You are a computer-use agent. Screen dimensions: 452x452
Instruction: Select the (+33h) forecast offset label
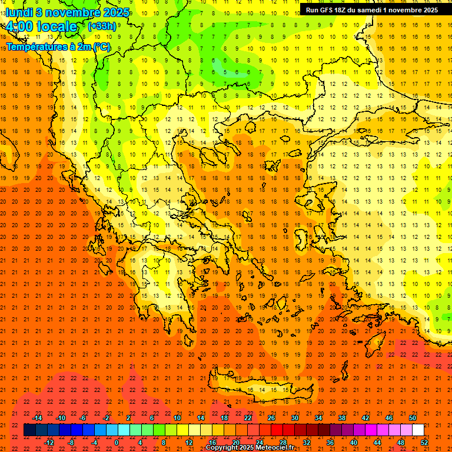[x=102, y=26]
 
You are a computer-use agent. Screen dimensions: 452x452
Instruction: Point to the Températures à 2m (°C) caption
[x=58, y=46]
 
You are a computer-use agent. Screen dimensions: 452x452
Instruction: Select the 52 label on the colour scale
[x=424, y=443]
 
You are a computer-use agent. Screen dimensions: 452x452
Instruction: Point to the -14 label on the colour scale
[x=37, y=418]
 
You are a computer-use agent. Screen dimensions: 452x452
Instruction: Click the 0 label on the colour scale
[x=117, y=443]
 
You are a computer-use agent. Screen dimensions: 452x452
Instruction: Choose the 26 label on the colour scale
[x=271, y=418]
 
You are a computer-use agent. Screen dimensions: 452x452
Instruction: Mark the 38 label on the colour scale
[x=342, y=418]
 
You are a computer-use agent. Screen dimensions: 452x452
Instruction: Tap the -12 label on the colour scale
[x=49, y=443]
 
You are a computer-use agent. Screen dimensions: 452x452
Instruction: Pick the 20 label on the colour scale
[x=236, y=443]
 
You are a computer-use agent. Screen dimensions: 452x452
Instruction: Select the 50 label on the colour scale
[x=413, y=418]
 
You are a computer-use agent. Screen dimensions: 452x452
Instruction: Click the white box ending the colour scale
[x=418, y=430]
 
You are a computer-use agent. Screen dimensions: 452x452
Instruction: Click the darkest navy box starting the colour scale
[x=29, y=430]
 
